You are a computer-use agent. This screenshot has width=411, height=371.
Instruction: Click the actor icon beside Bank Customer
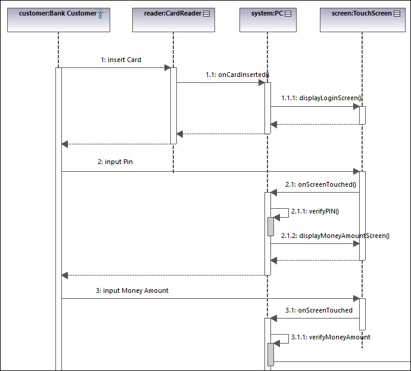pos(101,13)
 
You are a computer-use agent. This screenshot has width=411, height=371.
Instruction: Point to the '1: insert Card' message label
pos(121,60)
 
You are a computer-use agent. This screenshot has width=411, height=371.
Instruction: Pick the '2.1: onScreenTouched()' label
pos(320,184)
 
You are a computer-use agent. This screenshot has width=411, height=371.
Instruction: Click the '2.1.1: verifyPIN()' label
pos(315,211)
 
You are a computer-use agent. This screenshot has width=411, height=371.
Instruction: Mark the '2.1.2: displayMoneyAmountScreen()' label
pos(335,236)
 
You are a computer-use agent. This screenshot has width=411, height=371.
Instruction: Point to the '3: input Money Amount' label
pos(132,290)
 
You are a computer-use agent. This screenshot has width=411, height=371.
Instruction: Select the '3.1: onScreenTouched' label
pos(319,310)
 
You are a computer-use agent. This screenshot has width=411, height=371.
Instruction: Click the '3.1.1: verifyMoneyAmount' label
pos(331,337)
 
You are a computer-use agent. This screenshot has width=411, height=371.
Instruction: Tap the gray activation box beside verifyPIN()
pos(270,227)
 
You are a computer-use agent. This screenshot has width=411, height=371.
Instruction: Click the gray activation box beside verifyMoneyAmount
pos(270,354)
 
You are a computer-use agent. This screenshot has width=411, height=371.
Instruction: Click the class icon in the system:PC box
pos(287,13)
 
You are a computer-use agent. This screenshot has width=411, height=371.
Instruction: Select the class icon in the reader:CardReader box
pos(206,13)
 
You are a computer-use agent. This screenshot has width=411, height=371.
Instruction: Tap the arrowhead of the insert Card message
pos(167,68)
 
